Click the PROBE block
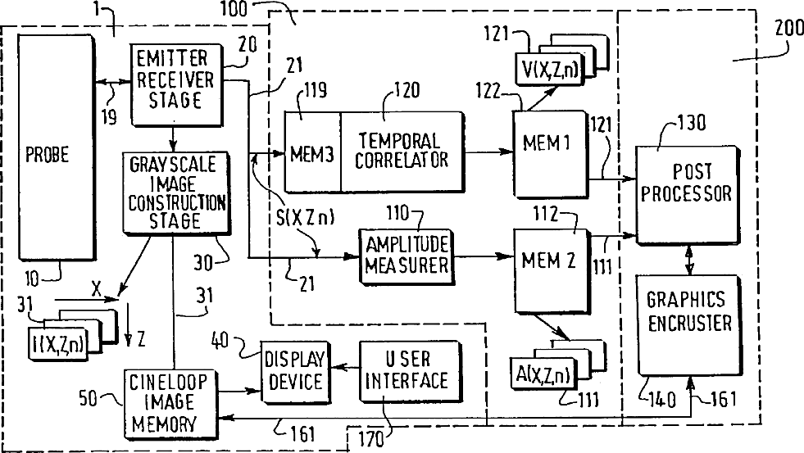click(57, 147)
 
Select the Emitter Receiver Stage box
click(177, 84)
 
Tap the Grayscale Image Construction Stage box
click(176, 193)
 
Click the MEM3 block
click(312, 152)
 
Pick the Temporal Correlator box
click(402, 152)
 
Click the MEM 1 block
click(550, 154)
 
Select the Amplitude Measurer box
click(407, 256)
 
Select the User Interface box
click(410, 371)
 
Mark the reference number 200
click(788, 27)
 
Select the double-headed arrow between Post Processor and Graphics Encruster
click(690, 260)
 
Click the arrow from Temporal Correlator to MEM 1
click(489, 152)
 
